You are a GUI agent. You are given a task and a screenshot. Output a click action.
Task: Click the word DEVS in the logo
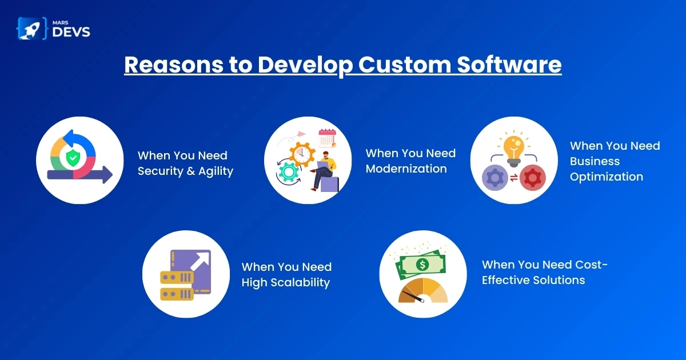click(x=71, y=32)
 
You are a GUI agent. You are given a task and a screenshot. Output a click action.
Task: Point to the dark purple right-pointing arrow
click(x=80, y=175)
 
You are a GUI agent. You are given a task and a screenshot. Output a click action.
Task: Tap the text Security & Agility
click(x=185, y=171)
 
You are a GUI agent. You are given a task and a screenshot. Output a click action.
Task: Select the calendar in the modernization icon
click(x=327, y=139)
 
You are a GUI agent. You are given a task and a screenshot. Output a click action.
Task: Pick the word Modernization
click(x=406, y=169)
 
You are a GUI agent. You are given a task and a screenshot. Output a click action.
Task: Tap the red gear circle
click(x=532, y=178)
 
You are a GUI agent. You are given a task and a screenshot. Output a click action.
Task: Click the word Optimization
click(x=606, y=177)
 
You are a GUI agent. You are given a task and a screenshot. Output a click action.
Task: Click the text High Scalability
click(x=286, y=282)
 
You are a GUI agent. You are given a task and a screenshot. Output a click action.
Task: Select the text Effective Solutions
click(x=533, y=280)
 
